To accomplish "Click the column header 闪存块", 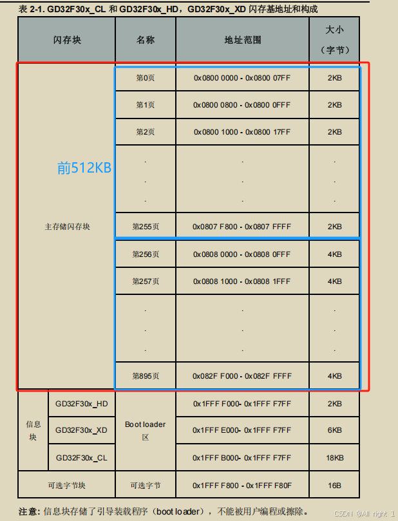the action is tap(67, 40).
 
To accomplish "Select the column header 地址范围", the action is tap(242, 40).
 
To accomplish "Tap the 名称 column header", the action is tap(146, 40).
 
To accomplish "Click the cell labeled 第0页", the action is tap(146, 78).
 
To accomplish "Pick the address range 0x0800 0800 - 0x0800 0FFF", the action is tap(242, 105).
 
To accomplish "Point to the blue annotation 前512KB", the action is tap(84, 168).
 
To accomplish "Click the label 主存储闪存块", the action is tap(67, 227).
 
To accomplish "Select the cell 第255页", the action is tap(146, 227).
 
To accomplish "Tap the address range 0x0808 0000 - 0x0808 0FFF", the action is tap(242, 254).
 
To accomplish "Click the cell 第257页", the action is tap(146, 281).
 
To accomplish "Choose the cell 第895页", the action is tap(146, 376).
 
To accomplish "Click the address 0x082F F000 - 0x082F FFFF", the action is tap(242, 376).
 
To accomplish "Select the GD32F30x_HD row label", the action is tap(81, 403).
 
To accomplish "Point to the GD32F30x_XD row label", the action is tap(81, 430).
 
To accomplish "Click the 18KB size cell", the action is tap(334, 457).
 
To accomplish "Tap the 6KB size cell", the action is tap(334, 430).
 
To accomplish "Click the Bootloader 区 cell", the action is tap(146, 430).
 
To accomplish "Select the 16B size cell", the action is tap(334, 486).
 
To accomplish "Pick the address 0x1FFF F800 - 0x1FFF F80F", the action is tap(242, 486).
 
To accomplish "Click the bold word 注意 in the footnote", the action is tap(29, 511).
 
